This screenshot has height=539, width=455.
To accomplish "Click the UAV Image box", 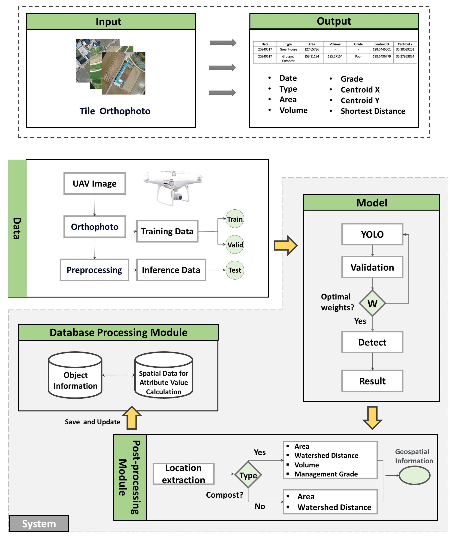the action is [x=95, y=184].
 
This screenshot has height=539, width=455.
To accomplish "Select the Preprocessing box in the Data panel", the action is [x=94, y=270].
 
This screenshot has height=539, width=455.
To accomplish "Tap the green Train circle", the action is [x=235, y=219].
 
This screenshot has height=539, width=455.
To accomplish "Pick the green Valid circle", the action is [x=235, y=245].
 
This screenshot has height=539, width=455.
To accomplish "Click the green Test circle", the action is [x=235, y=270].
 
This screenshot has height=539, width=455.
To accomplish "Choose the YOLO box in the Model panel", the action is [x=372, y=234].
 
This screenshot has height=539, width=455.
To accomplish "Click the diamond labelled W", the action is [x=372, y=303].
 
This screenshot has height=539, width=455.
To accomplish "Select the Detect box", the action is [x=372, y=342].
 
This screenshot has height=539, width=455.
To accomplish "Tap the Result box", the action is [x=372, y=381].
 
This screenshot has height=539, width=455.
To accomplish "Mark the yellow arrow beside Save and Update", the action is [x=132, y=418].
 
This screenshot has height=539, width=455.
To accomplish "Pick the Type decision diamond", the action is [x=248, y=475].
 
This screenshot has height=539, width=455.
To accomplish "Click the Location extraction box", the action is [x=183, y=474].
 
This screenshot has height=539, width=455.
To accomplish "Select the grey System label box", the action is [x=39, y=524].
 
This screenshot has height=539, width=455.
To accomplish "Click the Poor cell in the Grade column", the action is [x=358, y=57].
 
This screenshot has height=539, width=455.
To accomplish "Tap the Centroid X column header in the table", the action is [x=382, y=44].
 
